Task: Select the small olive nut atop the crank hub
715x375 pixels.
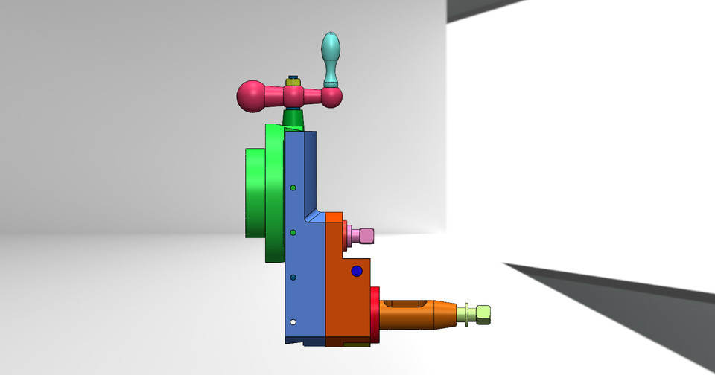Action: click(293, 80)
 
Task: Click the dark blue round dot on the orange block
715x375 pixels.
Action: click(357, 272)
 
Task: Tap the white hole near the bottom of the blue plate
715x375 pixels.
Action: click(293, 322)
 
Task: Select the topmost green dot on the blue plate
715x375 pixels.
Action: click(293, 187)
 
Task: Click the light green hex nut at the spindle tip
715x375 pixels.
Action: click(483, 315)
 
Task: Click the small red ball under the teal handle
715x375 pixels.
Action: click(331, 97)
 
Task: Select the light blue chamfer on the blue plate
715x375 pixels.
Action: click(316, 217)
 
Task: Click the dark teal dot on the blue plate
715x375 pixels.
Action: click(293, 278)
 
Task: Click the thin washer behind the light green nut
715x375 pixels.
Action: click(466, 315)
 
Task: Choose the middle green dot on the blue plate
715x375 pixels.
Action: click(293, 233)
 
